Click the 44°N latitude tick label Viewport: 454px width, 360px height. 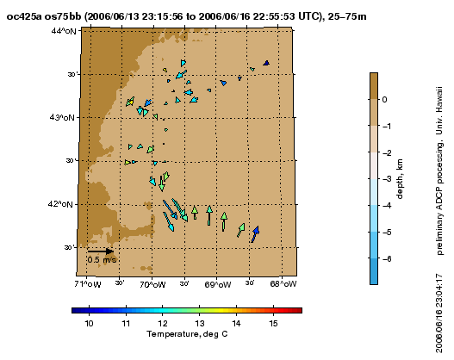coord(64,31)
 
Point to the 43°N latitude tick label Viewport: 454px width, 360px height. coord(62,117)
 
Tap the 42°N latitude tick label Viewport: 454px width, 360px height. coord(60,204)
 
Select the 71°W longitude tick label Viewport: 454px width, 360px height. coord(88,284)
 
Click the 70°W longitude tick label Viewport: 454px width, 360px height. coord(152,284)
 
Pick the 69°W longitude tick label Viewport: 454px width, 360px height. coord(218,285)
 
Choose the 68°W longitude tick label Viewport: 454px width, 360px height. coord(283,284)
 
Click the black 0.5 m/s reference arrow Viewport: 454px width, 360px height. coord(101,251)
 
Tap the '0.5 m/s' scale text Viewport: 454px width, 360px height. coord(102,259)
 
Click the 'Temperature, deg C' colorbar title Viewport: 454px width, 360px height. coord(187,334)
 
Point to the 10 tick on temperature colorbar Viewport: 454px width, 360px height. coord(90,323)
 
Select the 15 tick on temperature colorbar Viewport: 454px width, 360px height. coord(273,323)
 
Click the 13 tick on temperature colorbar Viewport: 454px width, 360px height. coord(200,323)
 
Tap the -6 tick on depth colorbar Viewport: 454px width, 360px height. coord(387,258)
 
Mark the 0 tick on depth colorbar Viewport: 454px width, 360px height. coord(384,100)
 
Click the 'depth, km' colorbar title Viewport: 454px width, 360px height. coord(400,178)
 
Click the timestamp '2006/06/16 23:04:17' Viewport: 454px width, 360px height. coord(439,313)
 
